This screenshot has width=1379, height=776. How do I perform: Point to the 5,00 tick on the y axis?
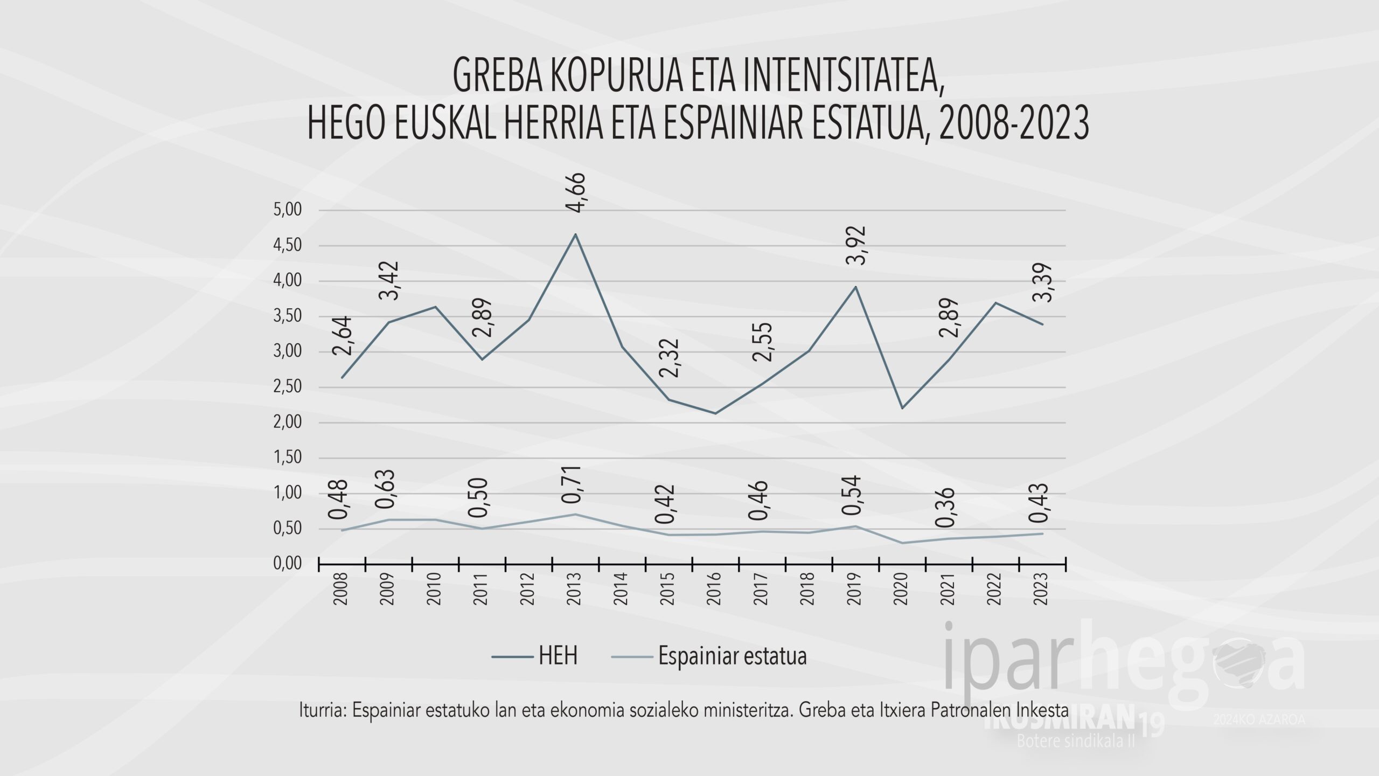288,210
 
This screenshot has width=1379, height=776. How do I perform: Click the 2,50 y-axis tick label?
288,387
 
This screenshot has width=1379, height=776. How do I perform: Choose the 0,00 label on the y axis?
288,564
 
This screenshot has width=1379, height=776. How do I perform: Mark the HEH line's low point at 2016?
715,413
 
